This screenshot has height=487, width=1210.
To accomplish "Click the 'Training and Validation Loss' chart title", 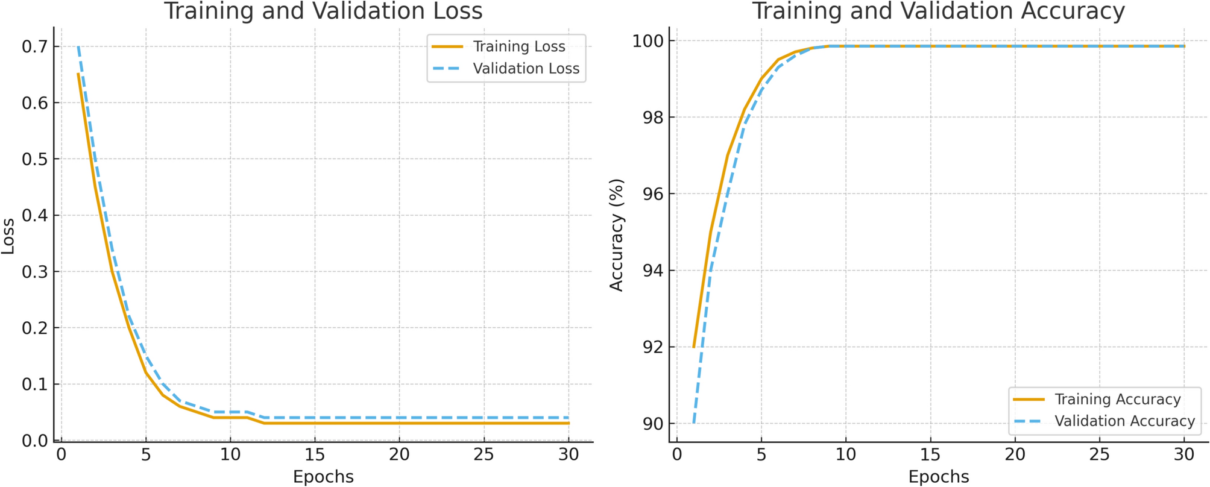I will click(323, 11).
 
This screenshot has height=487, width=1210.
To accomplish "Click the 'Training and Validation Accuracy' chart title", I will click(938, 11).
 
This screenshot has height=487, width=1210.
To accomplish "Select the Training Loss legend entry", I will click(518, 46).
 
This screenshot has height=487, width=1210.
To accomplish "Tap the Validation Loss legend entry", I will click(526, 69).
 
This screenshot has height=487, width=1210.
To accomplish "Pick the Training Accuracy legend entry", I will click(1117, 399).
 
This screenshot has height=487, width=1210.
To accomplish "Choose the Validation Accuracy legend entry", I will click(1124, 421).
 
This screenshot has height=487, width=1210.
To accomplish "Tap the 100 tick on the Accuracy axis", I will click(647, 41).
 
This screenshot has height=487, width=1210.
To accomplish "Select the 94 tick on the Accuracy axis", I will click(652, 271).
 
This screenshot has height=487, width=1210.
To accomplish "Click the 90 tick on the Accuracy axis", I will click(652, 424).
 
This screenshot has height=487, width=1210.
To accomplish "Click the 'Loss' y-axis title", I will click(8, 236).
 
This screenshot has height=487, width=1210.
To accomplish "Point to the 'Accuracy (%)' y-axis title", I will click(616, 235).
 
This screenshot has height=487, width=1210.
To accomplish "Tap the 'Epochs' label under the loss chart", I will click(323, 477).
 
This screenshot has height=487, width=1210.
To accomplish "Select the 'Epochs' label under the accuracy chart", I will click(938, 477).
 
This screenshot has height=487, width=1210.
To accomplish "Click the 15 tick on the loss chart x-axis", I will click(315, 454).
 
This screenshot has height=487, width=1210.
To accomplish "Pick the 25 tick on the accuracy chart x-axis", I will click(1099, 454).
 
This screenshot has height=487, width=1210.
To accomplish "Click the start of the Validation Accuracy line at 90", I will click(694, 423).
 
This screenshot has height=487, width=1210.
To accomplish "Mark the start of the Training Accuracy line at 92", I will click(694, 347).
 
